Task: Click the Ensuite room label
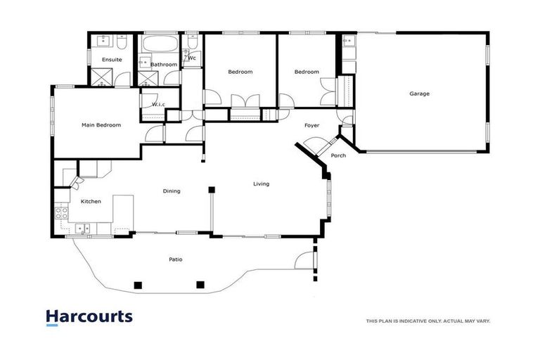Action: click(112, 60)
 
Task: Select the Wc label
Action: click(191, 58)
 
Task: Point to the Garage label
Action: click(419, 94)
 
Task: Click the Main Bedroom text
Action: click(101, 125)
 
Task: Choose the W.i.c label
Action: click(158, 105)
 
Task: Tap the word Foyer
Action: click(312, 125)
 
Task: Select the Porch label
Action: click(338, 155)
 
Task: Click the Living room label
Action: click(261, 184)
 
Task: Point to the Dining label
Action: click(172, 191)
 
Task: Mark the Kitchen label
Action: click(91, 201)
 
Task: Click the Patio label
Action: click(176, 259)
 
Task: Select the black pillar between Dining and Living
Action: click(211, 189)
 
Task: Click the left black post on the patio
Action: click(138, 285)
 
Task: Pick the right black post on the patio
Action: click(200, 285)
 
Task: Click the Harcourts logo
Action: click(89, 317)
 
